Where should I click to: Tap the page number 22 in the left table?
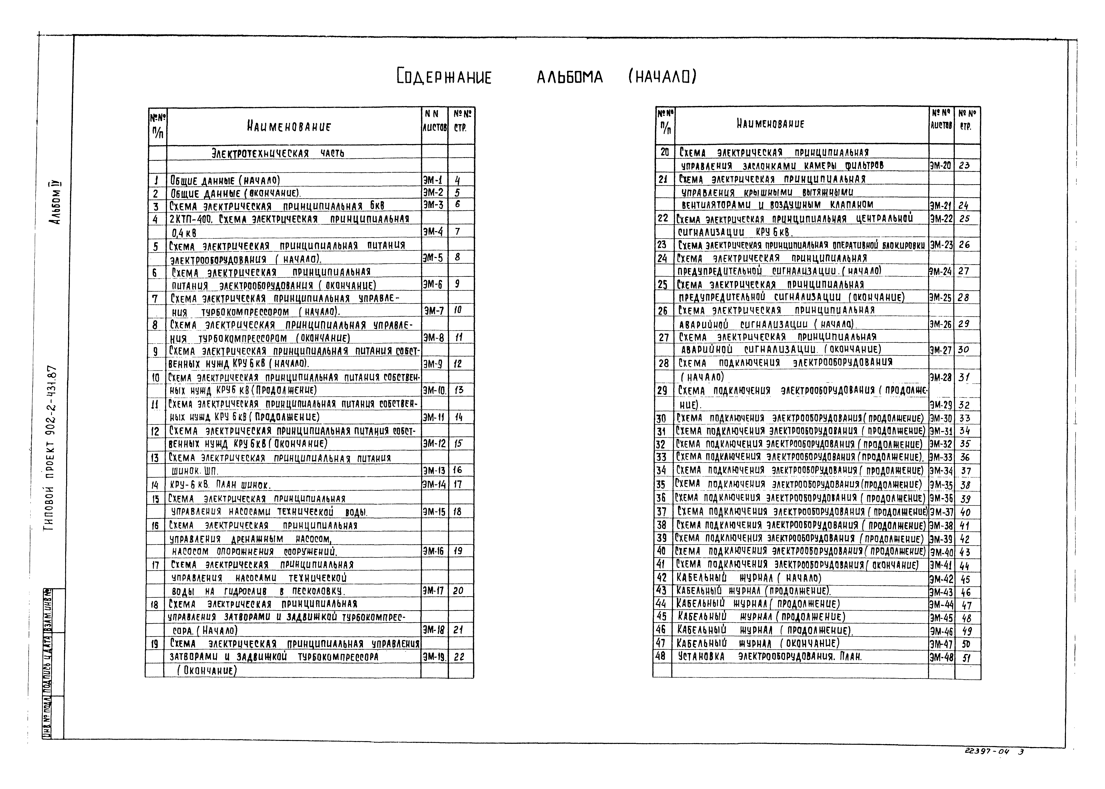459,657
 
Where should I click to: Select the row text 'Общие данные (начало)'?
225,180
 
